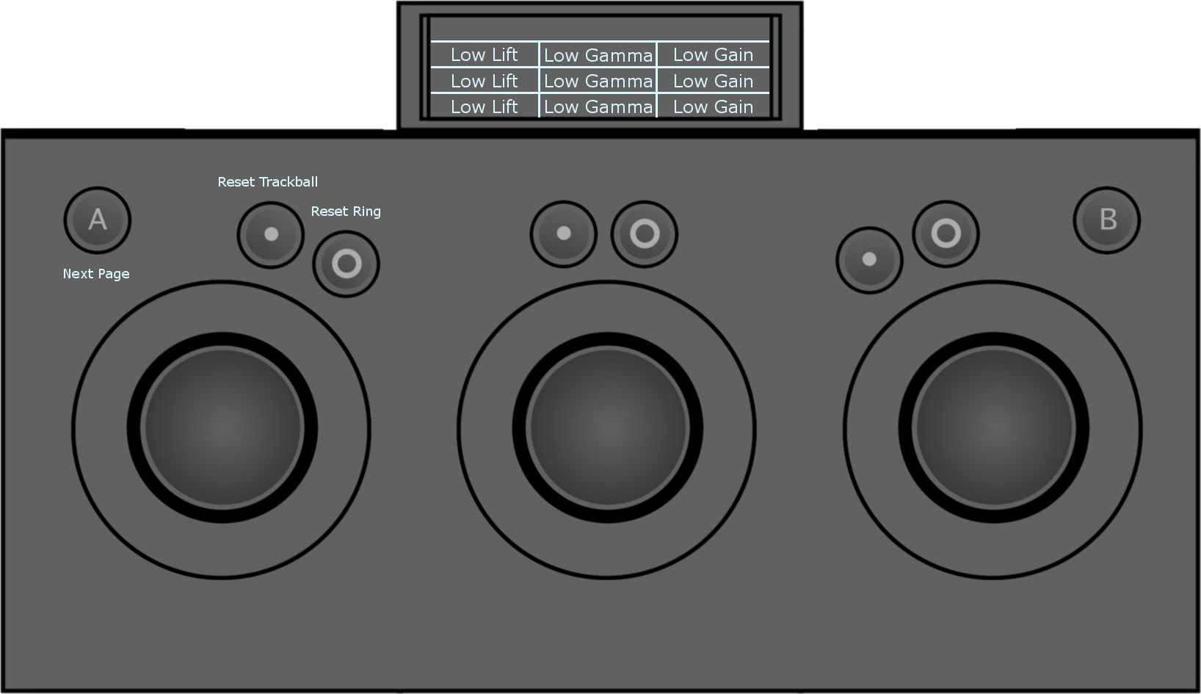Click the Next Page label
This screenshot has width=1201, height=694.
coord(96,274)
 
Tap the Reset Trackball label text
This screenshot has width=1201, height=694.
coord(267,182)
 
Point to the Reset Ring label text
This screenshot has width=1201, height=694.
coord(346,212)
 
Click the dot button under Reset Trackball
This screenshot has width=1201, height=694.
coord(271,234)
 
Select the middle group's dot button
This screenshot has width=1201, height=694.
coord(564,234)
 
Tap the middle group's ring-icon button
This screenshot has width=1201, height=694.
coord(645,234)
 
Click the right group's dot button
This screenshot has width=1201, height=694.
coord(869,259)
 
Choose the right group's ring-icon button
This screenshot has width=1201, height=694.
coord(946,234)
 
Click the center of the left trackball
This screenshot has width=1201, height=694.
coord(222,427)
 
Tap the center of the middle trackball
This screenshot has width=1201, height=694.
coord(608,427)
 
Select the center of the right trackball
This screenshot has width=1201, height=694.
coord(993,427)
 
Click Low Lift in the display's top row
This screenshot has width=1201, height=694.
coord(484,55)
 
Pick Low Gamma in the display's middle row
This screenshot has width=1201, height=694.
coord(598,82)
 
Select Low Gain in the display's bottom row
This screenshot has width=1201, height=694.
coord(713,107)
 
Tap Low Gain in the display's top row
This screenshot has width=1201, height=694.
coord(713,55)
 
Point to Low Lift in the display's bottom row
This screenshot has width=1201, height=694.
coord(484,107)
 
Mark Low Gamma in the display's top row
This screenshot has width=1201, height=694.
coord(598,55)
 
